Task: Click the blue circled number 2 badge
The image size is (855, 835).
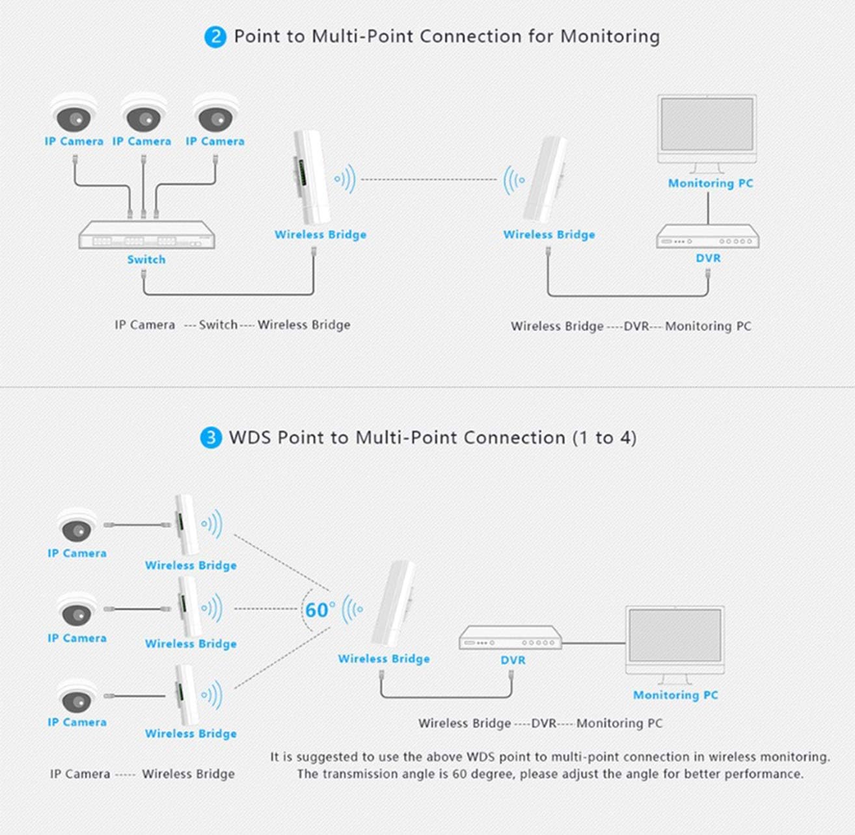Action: click(215, 37)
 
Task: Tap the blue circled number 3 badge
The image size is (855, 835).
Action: click(211, 438)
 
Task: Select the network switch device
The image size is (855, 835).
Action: click(147, 235)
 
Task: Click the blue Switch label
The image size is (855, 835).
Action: click(146, 259)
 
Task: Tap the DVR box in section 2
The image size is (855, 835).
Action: click(707, 236)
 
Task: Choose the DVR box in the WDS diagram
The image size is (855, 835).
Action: click(511, 637)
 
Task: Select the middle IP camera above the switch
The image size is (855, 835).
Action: click(144, 113)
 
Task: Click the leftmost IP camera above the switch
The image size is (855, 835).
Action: click(74, 113)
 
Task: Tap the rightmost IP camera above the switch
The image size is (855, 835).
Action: click(216, 113)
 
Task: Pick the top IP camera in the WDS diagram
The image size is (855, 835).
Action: click(77, 525)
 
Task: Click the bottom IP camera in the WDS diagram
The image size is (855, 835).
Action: click(77, 696)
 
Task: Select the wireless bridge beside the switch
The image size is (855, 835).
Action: click(310, 176)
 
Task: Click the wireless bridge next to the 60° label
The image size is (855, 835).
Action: click(393, 604)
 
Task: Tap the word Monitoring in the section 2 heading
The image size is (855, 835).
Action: click(610, 37)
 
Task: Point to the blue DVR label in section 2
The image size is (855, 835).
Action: click(708, 258)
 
